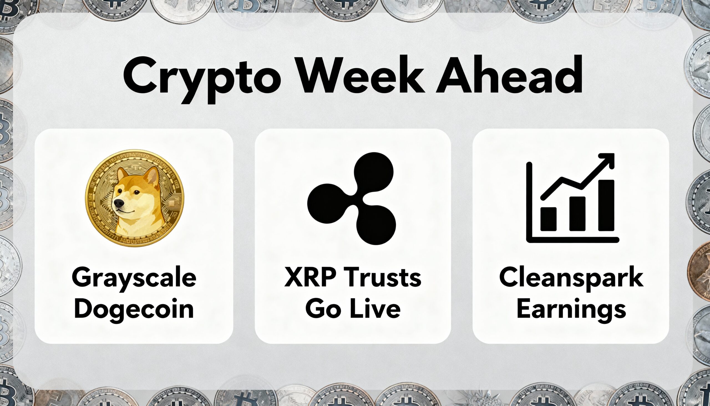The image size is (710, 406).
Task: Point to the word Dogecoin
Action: pos(134,309)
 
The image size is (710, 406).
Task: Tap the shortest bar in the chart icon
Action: pos(548,219)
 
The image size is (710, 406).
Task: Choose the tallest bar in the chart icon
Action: pos(606,206)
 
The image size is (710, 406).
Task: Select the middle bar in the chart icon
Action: pos(577,214)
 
